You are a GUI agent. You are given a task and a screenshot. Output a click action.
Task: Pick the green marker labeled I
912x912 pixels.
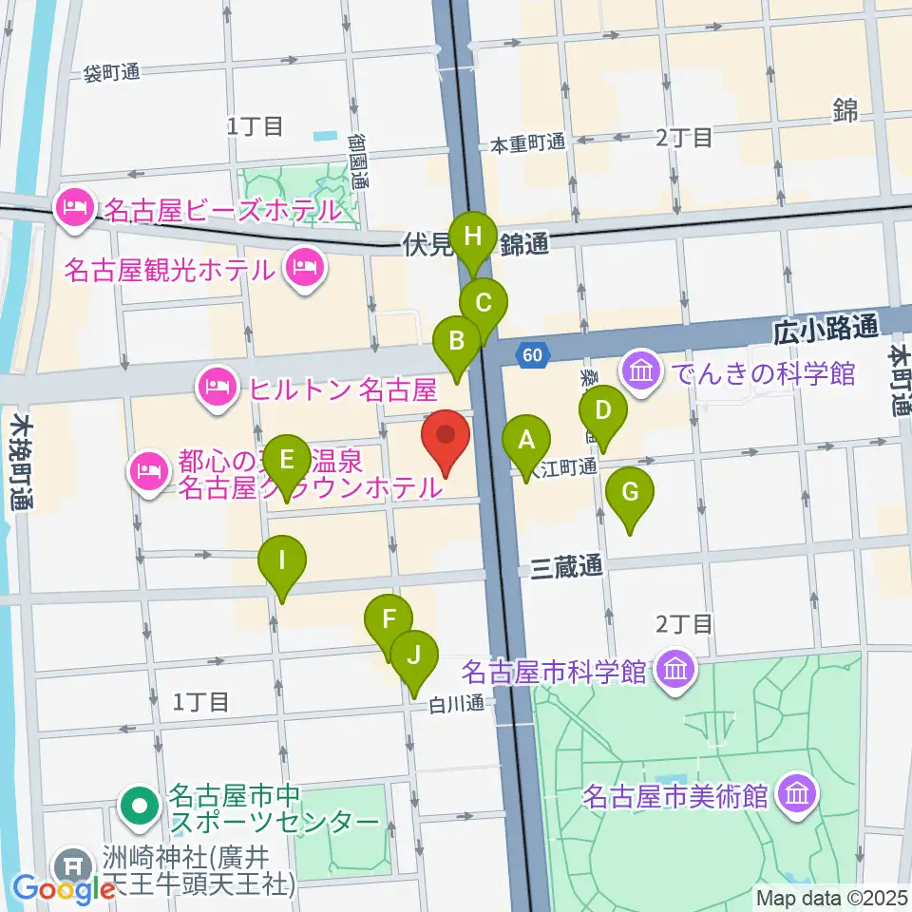[282, 560]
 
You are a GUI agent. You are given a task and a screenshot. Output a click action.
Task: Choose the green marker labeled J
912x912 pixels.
[413, 655]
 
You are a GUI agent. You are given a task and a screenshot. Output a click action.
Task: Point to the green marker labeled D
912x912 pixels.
[603, 412]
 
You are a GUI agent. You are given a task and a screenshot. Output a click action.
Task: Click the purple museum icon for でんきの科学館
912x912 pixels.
[641, 370]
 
